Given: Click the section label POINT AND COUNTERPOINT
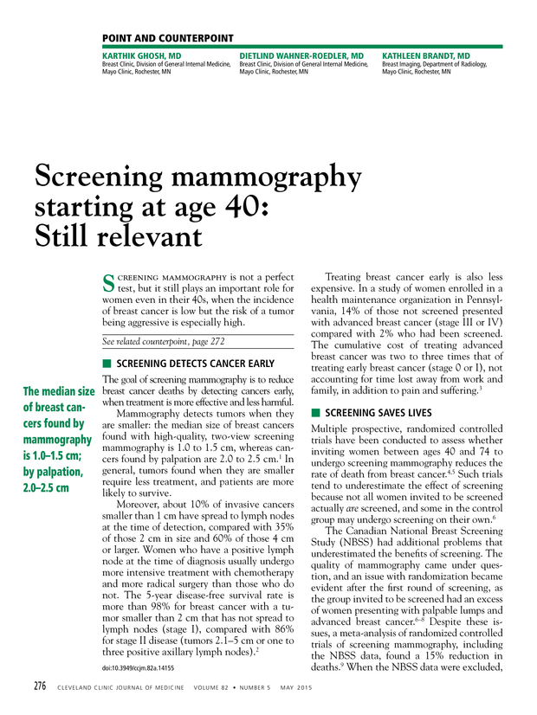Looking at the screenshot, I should [x=167, y=38].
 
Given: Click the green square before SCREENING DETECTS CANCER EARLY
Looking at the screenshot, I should [x=106, y=364].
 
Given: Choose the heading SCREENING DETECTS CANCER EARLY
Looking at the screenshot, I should [x=196, y=364].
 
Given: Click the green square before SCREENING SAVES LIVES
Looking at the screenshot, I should [x=315, y=412].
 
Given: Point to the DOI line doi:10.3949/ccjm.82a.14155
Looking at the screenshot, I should [x=138, y=668].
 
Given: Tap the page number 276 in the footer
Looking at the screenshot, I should [x=40, y=686].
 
